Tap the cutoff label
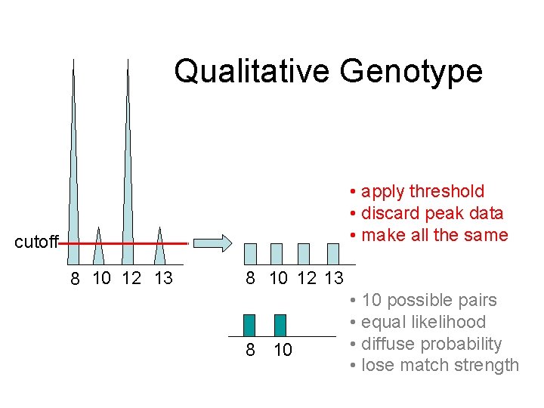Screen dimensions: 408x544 coord(36,243)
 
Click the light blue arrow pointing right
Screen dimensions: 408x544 coord(212,243)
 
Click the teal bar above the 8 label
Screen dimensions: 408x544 coord(249,325)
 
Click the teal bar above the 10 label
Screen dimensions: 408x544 coord(280,325)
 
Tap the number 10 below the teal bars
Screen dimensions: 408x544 coord(282,351)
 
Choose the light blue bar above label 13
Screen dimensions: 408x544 coord(333,253)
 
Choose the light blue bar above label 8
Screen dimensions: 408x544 coord(251,253)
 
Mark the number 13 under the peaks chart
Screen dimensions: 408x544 coord(163,278)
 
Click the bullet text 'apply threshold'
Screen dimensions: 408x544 coord(422,191)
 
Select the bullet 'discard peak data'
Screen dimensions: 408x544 coord(431,213)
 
